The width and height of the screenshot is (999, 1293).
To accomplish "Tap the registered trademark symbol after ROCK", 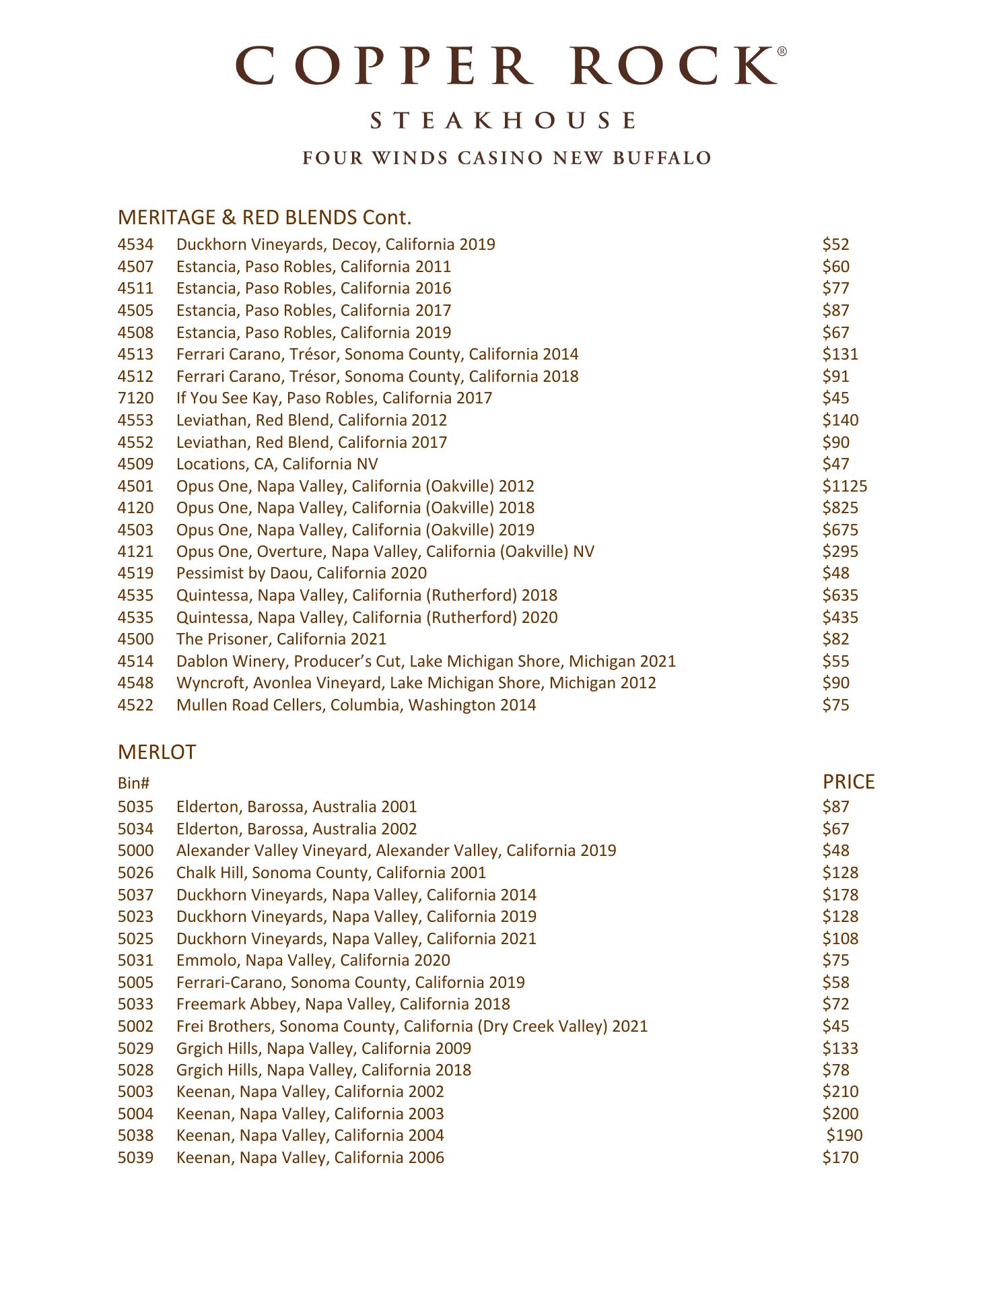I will (782, 51).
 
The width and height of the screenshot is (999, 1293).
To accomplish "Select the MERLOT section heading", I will (157, 752).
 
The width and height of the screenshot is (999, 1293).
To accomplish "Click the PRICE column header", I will (848, 782).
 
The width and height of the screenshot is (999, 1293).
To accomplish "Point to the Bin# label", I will (133, 783).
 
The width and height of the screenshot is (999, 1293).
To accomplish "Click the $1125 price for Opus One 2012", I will (844, 486).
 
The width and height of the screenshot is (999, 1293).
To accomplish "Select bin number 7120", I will (135, 398).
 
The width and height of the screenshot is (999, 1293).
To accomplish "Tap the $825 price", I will (840, 508).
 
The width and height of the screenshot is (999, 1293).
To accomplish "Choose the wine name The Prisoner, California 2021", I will (281, 639).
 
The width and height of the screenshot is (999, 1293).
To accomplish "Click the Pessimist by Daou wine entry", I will (302, 573).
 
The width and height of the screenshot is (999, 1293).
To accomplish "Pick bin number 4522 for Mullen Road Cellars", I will (135, 705).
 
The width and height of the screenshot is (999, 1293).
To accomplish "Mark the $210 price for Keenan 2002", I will (840, 1092).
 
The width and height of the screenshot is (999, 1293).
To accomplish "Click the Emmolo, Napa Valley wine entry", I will (313, 960).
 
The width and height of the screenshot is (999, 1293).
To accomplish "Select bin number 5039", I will (135, 1158).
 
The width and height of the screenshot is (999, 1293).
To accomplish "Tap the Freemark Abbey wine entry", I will (343, 1004).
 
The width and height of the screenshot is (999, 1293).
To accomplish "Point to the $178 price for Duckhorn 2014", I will (840, 895).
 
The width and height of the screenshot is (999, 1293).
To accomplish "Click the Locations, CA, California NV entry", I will (277, 464).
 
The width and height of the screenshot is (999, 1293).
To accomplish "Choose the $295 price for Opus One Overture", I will (840, 552).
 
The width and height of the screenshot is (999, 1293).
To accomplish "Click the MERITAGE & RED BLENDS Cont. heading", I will (264, 218).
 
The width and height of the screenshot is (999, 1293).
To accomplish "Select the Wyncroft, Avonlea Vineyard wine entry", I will (416, 683).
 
